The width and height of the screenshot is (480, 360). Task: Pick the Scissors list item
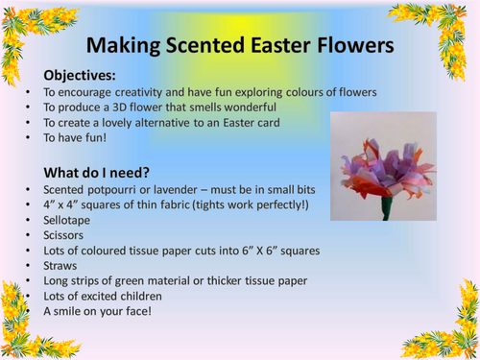[64, 235]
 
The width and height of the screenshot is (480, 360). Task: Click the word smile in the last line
[76, 312]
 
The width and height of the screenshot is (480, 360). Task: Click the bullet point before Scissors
[28, 235]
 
